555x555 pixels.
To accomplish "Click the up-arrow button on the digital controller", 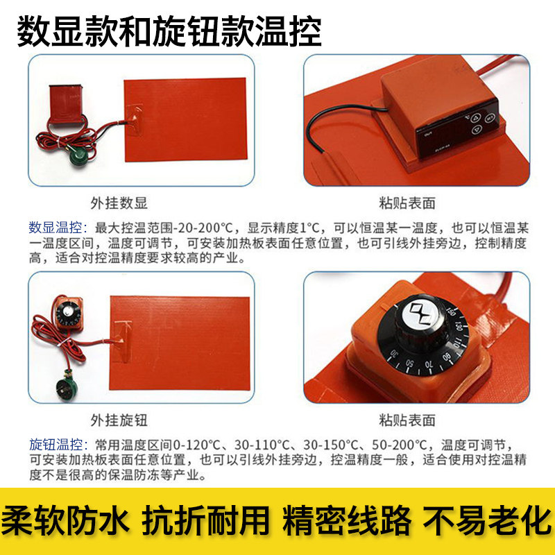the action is pos(475,117).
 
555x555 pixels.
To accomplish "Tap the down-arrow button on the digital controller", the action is pos(477,130).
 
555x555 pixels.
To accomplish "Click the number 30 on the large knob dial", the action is pos(394,353).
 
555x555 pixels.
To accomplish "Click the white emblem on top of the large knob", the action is pos(420,313).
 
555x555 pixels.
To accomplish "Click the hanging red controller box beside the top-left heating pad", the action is pos(65,103).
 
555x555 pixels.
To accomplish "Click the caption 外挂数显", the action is pos(119,203).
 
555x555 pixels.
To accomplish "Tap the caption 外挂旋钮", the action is pos(119,420).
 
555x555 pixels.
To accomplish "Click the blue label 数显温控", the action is pos(55,228).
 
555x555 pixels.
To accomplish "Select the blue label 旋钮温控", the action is pos(55,445).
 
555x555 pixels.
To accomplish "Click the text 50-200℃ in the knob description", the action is pos(400,445).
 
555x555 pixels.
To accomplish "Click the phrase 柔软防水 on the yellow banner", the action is pos(65,521).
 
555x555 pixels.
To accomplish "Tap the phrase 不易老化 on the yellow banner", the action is pos(487,521).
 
